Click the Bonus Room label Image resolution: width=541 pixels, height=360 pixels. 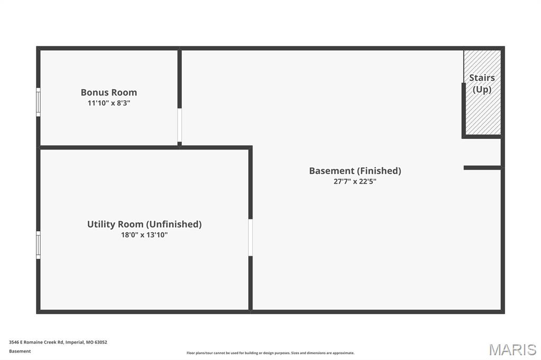pos(109,92)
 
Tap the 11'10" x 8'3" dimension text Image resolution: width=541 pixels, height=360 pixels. pos(109,103)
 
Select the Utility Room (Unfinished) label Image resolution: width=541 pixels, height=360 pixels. pos(144,224)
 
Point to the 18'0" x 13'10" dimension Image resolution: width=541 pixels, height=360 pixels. pos(144,235)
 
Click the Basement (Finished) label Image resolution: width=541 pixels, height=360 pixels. pos(355,170)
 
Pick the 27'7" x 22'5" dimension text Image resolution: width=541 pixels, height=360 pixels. pos(355,182)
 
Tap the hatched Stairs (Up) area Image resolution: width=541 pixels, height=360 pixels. pos(482,92)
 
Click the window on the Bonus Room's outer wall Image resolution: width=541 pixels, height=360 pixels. pos(38,102)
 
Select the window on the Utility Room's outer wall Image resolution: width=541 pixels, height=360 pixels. pos(38,245)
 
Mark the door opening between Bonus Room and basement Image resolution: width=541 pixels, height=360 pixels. pos(180,125)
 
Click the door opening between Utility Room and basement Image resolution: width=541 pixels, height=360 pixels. pos(250,237)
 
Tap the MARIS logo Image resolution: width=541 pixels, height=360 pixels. pos(512,349)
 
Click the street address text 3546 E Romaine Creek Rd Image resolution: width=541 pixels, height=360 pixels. pos(36,342)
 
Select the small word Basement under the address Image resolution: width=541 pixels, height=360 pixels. pos(20,351)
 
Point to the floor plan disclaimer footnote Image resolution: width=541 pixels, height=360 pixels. pos(270,353)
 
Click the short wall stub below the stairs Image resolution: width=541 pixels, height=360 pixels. pos(482,168)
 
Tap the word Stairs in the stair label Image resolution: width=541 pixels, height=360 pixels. pos(482,78)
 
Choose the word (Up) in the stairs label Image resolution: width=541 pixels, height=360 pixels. pos(482,89)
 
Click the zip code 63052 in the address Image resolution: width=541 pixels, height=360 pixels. pos(101,342)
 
